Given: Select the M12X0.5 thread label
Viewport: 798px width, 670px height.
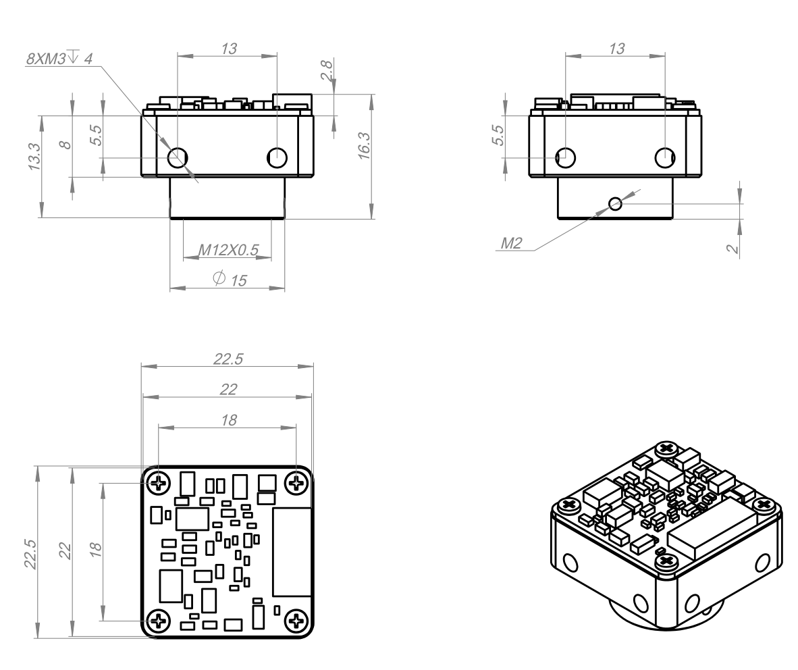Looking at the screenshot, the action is (x=228, y=250).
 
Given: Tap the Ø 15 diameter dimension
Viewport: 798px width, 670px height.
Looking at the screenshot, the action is (x=230, y=280).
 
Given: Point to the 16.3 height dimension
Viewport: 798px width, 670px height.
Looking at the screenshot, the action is (x=364, y=146).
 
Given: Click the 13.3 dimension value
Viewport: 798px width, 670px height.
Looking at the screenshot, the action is (x=34, y=156).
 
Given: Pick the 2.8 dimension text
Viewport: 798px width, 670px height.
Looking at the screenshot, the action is (x=326, y=71).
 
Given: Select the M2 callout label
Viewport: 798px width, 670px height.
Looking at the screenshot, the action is (x=512, y=243).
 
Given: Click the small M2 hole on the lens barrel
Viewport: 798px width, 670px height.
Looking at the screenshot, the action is (x=615, y=204).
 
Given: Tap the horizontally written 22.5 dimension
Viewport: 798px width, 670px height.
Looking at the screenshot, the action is (x=228, y=359).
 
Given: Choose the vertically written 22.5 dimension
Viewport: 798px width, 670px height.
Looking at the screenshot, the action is (x=30, y=554).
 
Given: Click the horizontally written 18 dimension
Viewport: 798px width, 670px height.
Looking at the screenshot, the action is (x=229, y=420).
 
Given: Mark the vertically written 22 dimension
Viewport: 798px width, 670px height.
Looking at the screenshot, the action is (x=65, y=551).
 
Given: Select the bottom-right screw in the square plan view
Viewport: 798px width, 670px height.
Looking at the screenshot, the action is (x=296, y=621).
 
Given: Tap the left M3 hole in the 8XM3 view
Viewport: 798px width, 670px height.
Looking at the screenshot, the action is (x=178, y=157).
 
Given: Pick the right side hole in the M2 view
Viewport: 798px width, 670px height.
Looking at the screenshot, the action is (x=664, y=157).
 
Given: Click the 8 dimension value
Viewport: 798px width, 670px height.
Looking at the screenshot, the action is (x=65, y=145).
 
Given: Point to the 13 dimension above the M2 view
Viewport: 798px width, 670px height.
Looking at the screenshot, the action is (x=617, y=49).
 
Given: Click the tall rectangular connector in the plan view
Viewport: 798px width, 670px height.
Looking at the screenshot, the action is (x=292, y=551).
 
